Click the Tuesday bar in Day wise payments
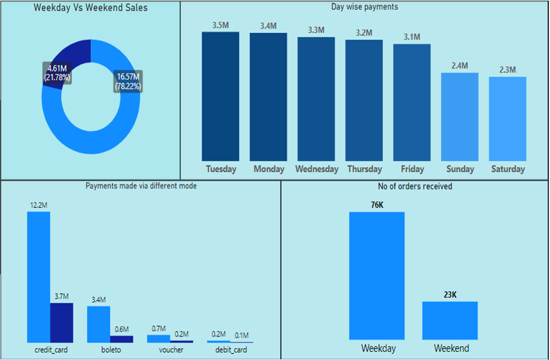click(x=220, y=96)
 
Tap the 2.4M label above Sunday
click(x=460, y=66)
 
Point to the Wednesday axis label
click(x=316, y=169)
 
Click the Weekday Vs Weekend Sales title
click(x=90, y=8)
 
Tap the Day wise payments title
click(x=364, y=7)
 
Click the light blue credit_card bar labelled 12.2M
click(x=38, y=277)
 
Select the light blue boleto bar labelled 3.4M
click(x=98, y=324)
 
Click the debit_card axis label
click(x=230, y=350)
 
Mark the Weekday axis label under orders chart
click(x=378, y=348)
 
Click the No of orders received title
click(x=415, y=187)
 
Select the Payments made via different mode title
click(x=141, y=186)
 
